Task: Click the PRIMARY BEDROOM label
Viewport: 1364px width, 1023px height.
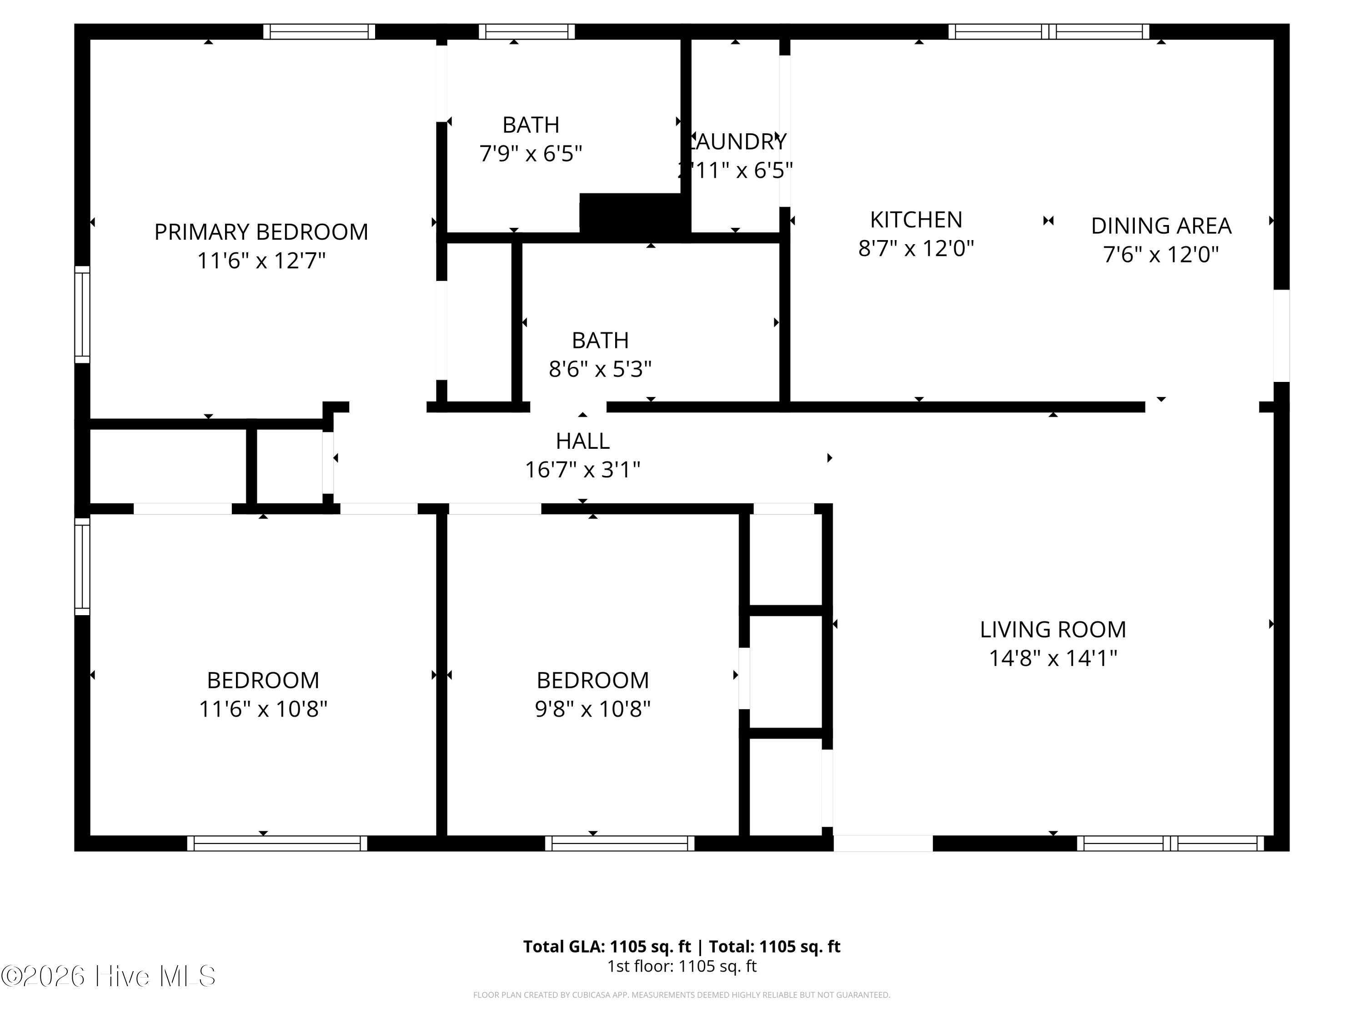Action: tap(261, 232)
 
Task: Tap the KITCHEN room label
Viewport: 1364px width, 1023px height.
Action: tap(916, 220)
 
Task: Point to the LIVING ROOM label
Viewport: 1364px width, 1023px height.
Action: tap(1053, 630)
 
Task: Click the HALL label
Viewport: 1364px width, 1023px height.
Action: tap(582, 441)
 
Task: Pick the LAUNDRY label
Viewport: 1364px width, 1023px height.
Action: tap(736, 142)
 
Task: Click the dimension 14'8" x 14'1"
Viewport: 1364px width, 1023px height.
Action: tap(1053, 658)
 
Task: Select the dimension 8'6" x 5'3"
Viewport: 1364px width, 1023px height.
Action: tap(600, 369)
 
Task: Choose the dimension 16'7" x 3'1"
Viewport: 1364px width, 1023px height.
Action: tap(582, 470)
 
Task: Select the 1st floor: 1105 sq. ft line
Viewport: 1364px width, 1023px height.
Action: tap(682, 966)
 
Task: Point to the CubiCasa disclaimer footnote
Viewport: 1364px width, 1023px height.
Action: tap(682, 995)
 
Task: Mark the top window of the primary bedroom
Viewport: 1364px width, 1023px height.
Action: tap(319, 31)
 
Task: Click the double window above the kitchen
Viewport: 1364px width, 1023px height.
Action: tap(1048, 31)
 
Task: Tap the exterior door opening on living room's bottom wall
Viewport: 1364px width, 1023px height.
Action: tap(883, 843)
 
